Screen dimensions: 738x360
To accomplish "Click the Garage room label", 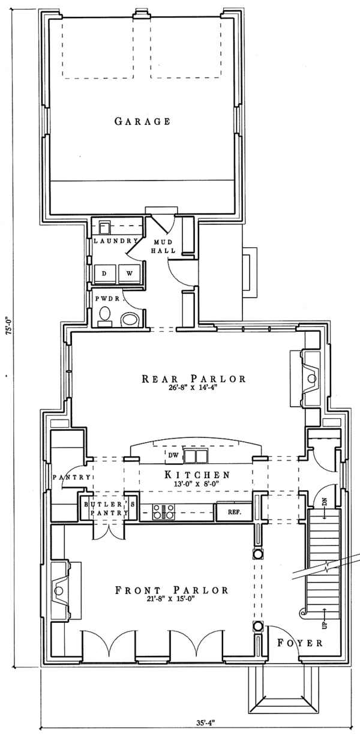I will click(x=142, y=121).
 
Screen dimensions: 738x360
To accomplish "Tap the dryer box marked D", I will click(x=104, y=272).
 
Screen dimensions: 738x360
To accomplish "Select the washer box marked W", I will click(x=129, y=272).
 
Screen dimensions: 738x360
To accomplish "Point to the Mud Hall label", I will click(x=161, y=245).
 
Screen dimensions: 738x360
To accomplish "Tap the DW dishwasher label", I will click(x=173, y=456).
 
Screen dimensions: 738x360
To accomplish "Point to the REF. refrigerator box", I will click(x=233, y=512).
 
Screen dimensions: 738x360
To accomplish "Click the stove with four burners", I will click(x=163, y=512).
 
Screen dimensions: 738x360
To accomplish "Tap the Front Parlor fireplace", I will click(x=61, y=590).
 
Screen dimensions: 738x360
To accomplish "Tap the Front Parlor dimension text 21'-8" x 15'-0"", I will click(x=172, y=599).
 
